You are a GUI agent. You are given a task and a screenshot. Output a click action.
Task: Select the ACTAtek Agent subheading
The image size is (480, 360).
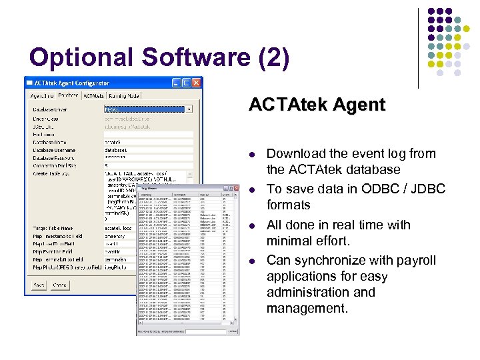(x=317, y=105)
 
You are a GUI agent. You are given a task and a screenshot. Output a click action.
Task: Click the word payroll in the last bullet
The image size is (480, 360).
(x=413, y=260)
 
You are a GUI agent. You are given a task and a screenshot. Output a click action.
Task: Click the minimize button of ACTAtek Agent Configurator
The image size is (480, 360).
(x=176, y=83)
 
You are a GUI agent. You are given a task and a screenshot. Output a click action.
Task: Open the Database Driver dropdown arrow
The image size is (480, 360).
(x=189, y=109)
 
